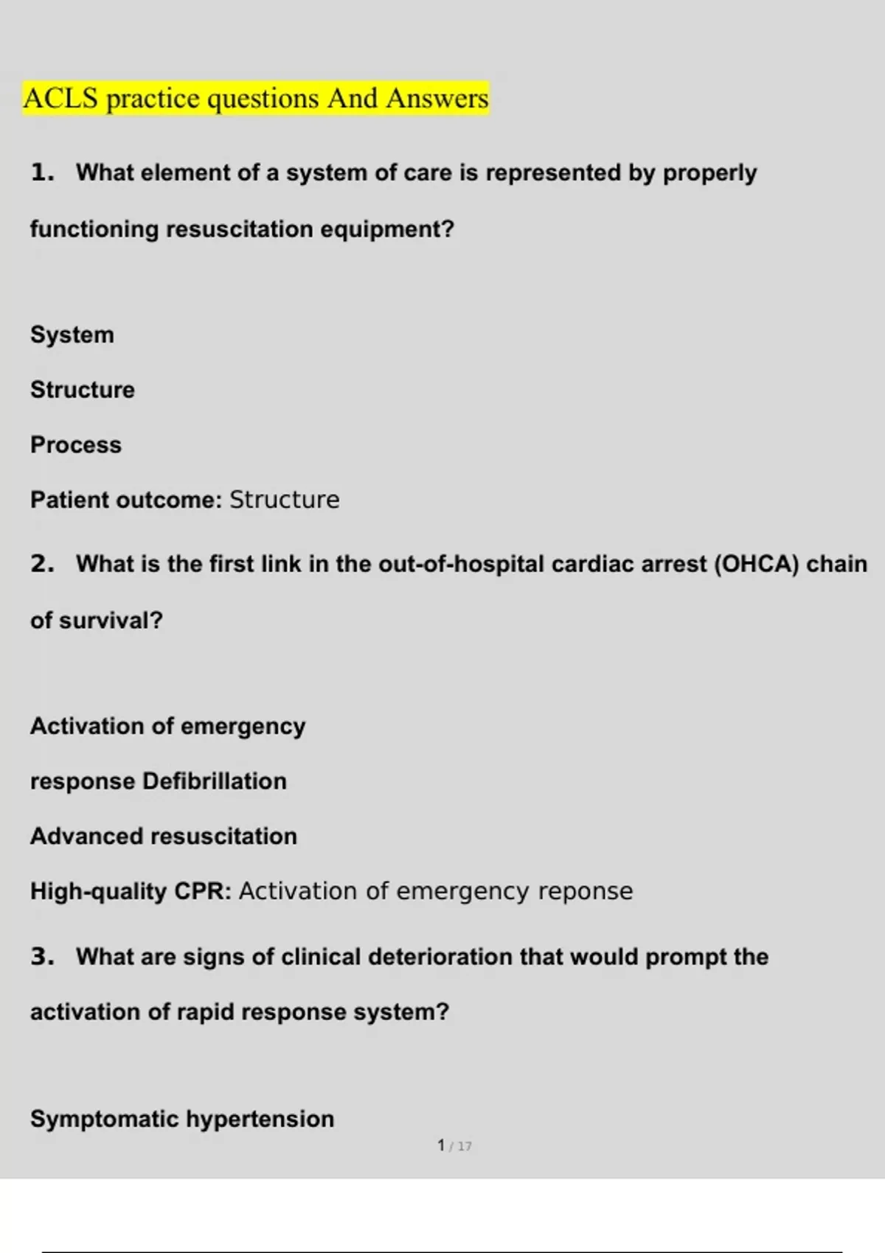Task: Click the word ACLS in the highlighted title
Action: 60,99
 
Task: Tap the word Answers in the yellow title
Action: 437,99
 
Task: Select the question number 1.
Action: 42,173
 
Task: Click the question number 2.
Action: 42,565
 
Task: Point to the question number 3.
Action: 42,957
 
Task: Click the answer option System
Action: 72,335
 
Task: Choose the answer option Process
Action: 76,445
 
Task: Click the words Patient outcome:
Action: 126,500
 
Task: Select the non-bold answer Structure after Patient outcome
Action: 285,500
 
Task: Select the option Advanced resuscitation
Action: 164,837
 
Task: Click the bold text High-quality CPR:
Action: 131,892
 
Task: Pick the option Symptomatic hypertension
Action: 182,1120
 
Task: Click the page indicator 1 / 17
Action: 454,1146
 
